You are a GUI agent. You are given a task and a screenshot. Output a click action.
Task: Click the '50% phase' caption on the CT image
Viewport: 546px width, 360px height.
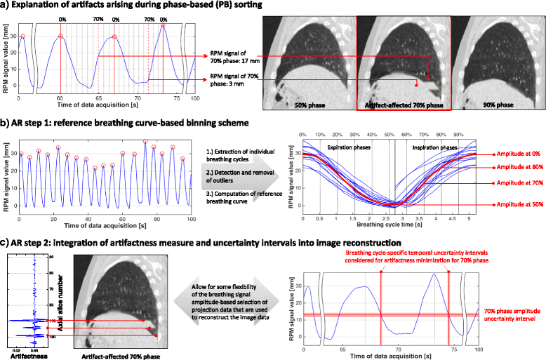(309, 105)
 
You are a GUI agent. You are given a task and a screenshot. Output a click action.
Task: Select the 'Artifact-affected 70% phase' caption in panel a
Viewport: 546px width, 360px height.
(401, 105)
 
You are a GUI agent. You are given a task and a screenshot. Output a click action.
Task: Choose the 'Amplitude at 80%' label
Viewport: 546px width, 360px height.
(519, 167)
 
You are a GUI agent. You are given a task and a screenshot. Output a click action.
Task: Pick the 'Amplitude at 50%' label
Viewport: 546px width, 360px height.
(519, 204)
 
